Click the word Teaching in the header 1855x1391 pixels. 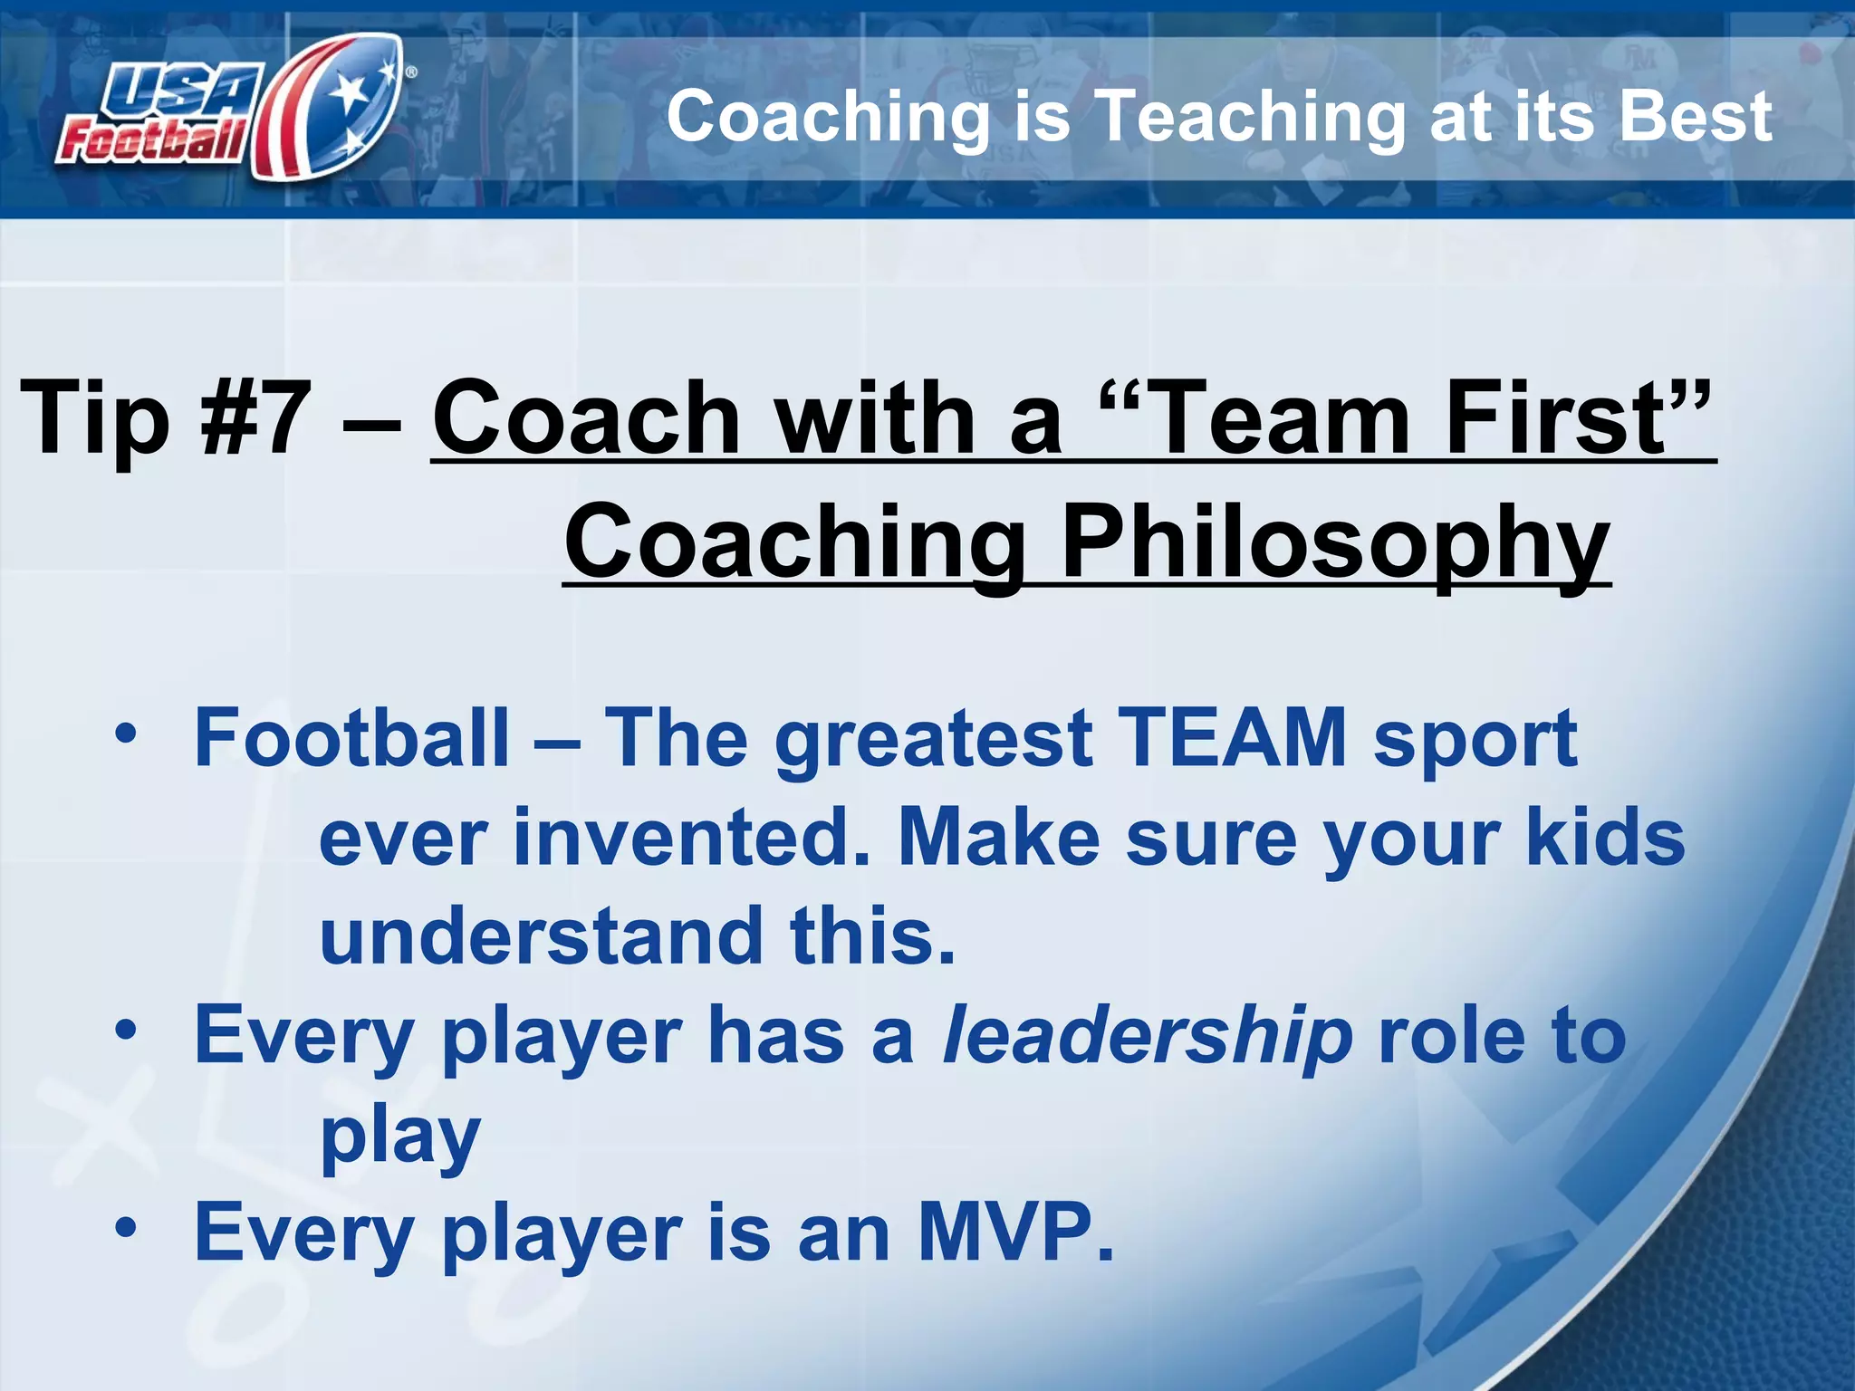point(1250,118)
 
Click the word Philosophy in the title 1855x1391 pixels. point(1335,543)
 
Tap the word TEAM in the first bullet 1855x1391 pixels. point(1232,738)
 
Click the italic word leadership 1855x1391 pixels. point(1147,1037)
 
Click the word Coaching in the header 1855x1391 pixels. point(829,118)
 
